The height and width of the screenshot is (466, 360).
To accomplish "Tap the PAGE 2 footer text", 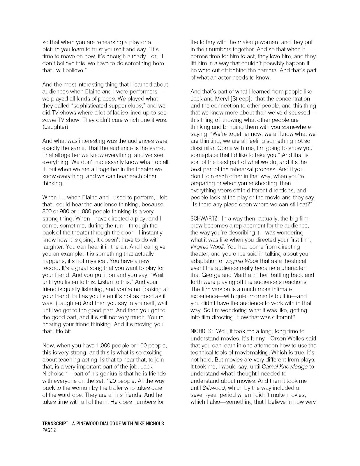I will (49, 430).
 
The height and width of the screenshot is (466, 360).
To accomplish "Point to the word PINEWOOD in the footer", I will (87, 423).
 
